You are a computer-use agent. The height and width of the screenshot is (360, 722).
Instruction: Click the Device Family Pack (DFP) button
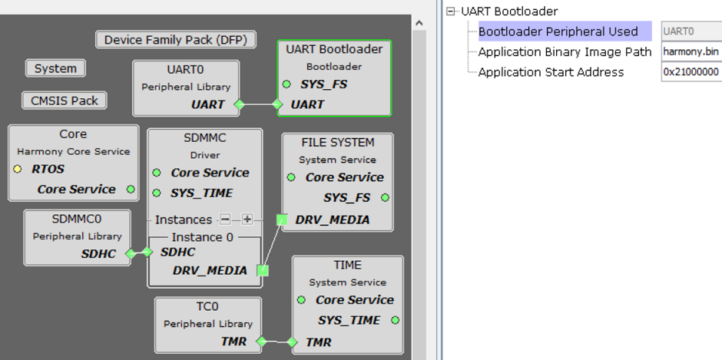[176, 40]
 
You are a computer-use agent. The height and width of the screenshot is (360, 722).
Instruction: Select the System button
[55, 68]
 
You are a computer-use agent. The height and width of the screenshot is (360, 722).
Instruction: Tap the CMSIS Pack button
[64, 101]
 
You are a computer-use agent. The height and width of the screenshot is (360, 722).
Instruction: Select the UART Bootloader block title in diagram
[334, 49]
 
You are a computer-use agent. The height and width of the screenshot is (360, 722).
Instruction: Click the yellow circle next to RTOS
[18, 169]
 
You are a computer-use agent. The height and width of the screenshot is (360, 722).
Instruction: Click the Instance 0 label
[202, 237]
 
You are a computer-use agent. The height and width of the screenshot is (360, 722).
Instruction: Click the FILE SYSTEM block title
[338, 143]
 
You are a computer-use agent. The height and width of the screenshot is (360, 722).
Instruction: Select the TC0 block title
[207, 307]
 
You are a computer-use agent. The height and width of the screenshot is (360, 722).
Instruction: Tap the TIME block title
[347, 265]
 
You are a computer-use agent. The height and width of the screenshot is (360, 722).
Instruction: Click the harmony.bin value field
[691, 52]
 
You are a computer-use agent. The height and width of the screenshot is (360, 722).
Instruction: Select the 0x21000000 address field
[691, 72]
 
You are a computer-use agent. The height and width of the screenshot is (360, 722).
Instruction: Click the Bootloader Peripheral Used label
[558, 31]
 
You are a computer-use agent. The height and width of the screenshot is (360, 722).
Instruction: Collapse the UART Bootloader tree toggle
[452, 12]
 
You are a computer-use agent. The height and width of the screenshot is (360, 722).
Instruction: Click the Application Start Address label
[551, 72]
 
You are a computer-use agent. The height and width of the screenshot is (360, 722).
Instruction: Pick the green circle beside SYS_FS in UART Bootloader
[286, 84]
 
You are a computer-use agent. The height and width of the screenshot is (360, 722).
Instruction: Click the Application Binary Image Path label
[565, 52]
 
